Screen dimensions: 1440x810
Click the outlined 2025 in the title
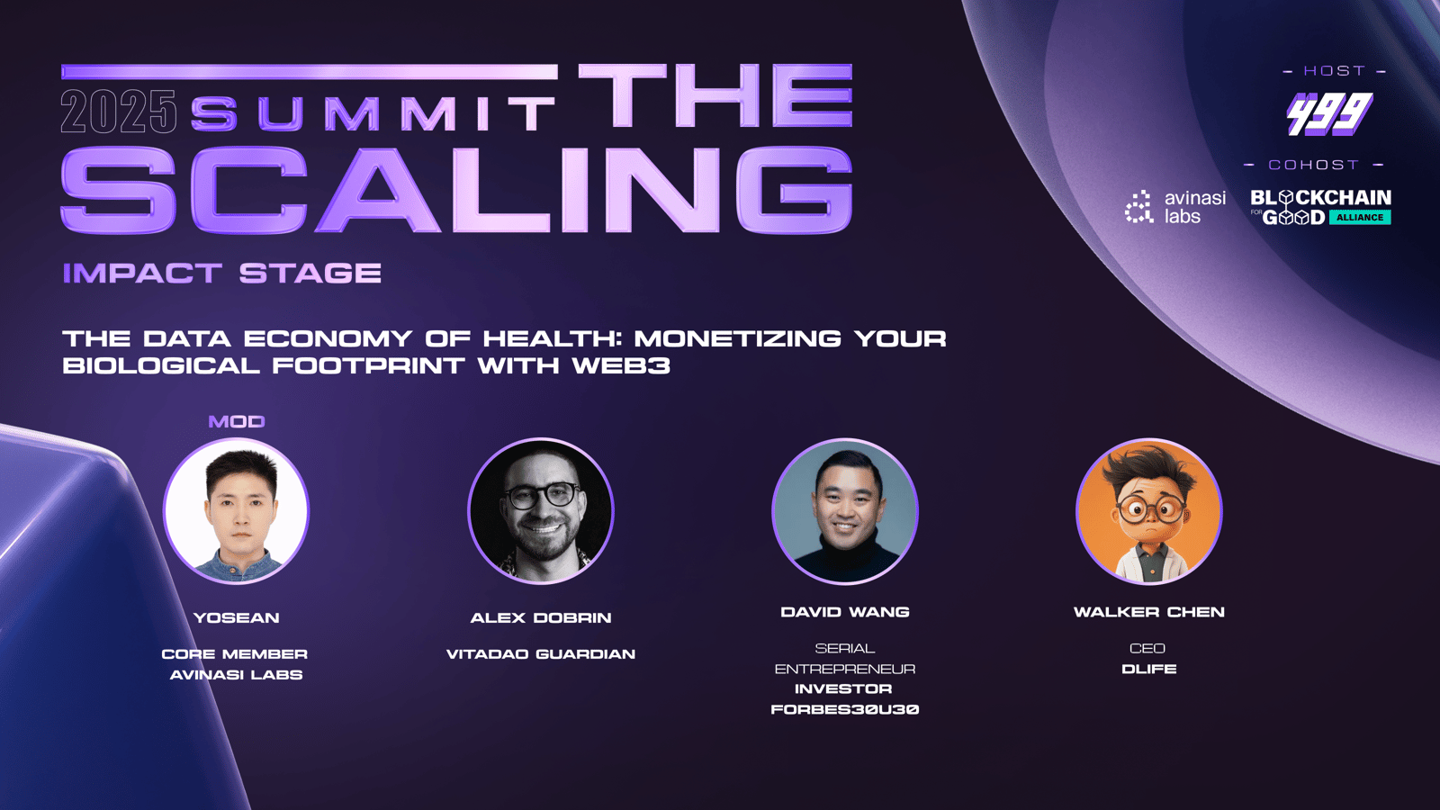pos(118,112)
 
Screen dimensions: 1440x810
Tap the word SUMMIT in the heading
pos(373,113)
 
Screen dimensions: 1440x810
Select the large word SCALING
pos(456,189)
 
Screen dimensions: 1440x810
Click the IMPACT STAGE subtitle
pos(221,274)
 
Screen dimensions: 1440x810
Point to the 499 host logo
pos(1329,113)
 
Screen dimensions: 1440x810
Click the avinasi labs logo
pos(1175,207)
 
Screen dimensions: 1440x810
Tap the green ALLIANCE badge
pos(1360,217)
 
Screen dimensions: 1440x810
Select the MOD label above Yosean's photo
pos(237,422)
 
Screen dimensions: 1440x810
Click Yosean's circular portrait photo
pos(237,511)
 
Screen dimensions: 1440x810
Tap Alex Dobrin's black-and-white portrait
pos(541,511)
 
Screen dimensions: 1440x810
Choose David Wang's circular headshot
pos(845,511)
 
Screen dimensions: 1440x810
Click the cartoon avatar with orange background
pos(1148,511)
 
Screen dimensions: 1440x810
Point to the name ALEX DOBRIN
pos(541,617)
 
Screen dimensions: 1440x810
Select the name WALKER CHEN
pos(1148,612)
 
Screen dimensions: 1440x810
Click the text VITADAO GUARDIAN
pos(541,654)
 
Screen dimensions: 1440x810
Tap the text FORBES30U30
pos(845,710)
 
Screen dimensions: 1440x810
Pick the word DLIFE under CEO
pos(1148,670)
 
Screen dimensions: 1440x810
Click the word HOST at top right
pos(1335,71)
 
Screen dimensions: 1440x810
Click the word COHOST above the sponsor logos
pos(1313,166)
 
